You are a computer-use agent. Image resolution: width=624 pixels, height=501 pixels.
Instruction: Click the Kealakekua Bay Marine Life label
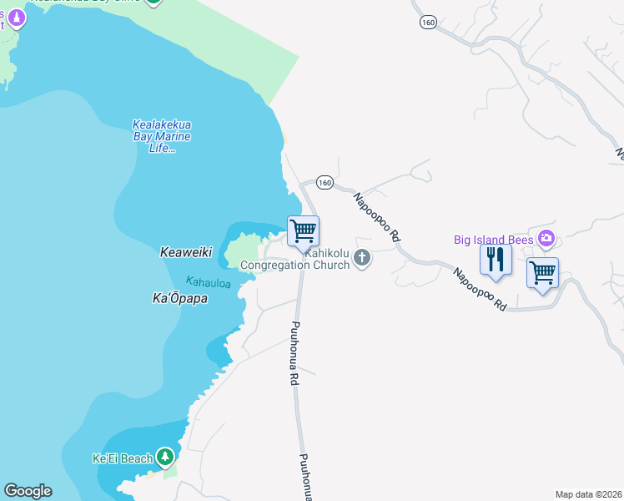click(x=162, y=137)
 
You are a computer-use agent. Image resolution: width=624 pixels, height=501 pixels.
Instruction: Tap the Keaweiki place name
click(x=186, y=251)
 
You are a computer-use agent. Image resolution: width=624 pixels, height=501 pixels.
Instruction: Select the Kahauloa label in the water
click(x=208, y=283)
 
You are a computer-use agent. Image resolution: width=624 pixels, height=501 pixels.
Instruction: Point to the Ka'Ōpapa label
click(x=180, y=298)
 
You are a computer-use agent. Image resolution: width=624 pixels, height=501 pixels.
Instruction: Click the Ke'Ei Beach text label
click(x=123, y=458)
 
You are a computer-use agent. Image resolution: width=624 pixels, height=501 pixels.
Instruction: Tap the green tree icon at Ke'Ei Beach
click(x=166, y=457)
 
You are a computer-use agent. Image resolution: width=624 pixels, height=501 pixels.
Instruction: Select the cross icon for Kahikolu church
click(x=362, y=258)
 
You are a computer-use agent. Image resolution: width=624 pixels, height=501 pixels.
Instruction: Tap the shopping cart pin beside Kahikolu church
click(x=303, y=230)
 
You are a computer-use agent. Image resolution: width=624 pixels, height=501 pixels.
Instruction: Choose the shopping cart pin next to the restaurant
click(x=542, y=272)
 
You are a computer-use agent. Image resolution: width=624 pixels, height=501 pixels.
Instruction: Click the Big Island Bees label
click(x=493, y=240)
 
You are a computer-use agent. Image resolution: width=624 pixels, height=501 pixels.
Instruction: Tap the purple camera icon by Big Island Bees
click(x=546, y=239)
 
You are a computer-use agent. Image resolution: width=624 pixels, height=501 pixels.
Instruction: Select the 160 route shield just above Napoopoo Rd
click(x=325, y=183)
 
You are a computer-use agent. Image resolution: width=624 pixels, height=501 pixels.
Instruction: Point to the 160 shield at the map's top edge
click(x=428, y=23)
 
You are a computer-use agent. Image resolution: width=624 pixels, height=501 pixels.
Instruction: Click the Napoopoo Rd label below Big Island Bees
click(x=481, y=289)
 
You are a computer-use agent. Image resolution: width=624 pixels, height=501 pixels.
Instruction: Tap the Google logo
click(x=28, y=491)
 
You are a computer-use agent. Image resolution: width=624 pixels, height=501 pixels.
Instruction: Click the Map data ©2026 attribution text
click(x=588, y=494)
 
